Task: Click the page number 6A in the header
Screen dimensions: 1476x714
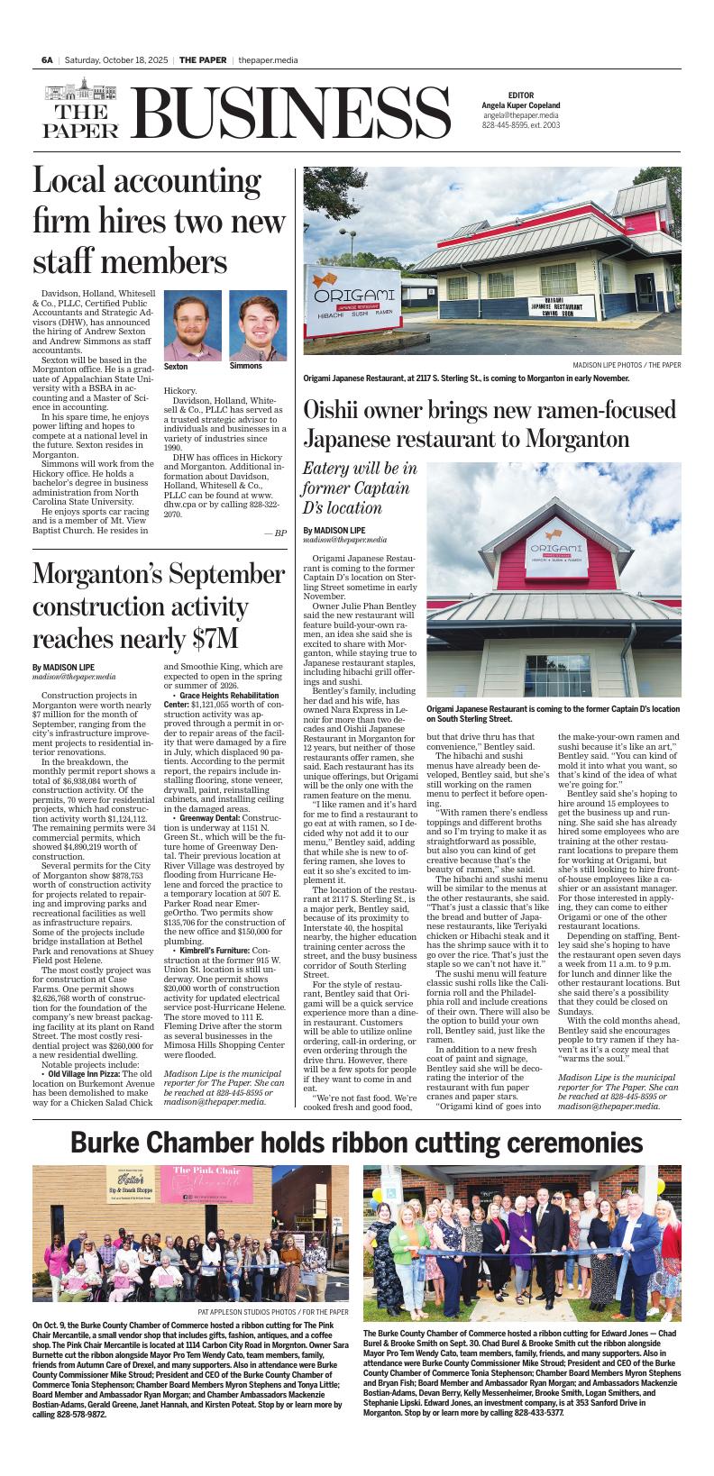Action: [x=47, y=59]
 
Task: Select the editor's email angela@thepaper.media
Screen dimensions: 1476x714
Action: [x=520, y=116]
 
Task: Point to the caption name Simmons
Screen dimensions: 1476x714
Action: [x=246, y=366]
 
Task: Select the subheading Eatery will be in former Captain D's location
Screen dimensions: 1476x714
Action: [x=360, y=487]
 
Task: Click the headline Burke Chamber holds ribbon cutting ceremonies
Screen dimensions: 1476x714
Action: [x=357, y=1143]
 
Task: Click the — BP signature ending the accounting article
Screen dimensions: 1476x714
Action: [x=275, y=533]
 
